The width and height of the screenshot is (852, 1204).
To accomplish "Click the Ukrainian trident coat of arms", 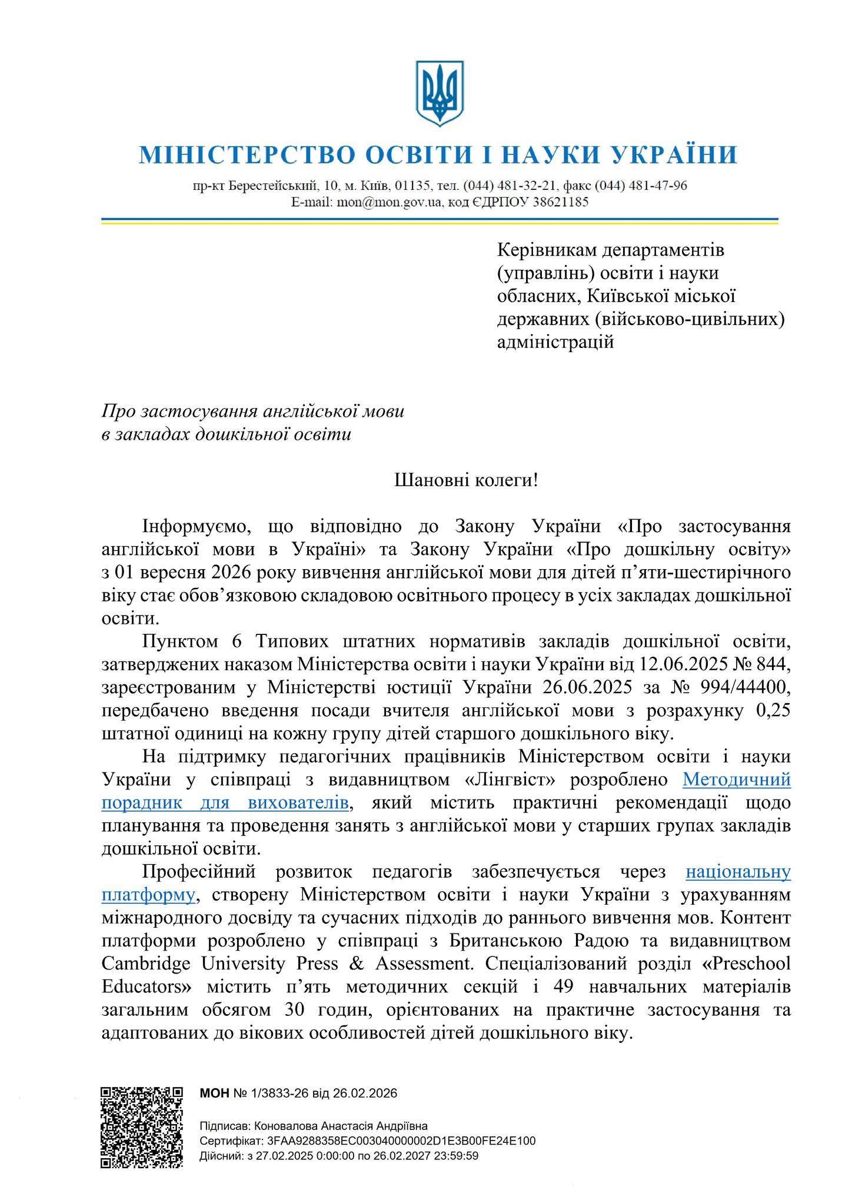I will coord(437,92).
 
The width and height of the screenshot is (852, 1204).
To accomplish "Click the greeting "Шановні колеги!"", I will coord(466,481).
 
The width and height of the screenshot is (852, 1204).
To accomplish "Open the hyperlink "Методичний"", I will coord(736,780).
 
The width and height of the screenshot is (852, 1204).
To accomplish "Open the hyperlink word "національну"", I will coord(738,872).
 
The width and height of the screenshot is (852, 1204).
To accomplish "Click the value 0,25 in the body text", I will coord(771,711).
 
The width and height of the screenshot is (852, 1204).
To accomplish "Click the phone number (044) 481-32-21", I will coord(510,186).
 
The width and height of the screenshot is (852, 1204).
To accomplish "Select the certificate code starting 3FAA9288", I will coord(401,1141).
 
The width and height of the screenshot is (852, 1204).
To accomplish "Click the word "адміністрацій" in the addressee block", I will coord(555,342).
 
